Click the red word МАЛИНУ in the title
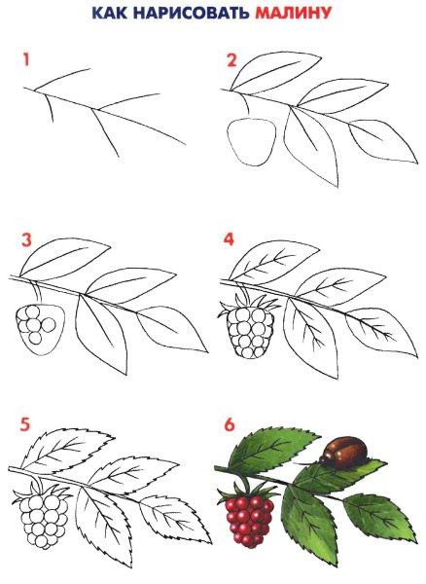click(293, 13)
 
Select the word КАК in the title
click(109, 13)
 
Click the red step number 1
click(25, 60)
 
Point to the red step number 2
click(231, 60)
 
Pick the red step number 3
click(26, 240)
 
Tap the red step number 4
click(230, 239)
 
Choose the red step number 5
click(25, 424)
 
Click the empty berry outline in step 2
click(252, 142)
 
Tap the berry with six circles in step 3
click(41, 329)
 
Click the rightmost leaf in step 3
click(172, 329)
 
